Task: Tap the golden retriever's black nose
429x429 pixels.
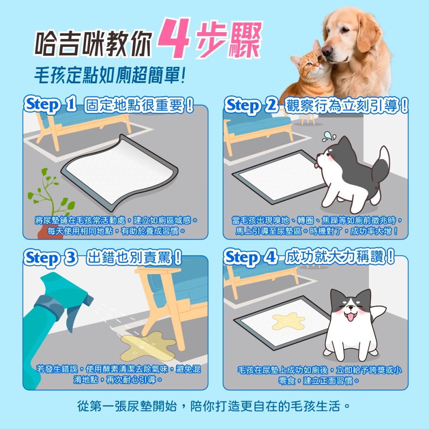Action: (x=327, y=51)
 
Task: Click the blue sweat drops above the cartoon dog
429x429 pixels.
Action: (x=329, y=136)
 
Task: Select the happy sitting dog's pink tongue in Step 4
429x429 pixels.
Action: (x=350, y=318)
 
